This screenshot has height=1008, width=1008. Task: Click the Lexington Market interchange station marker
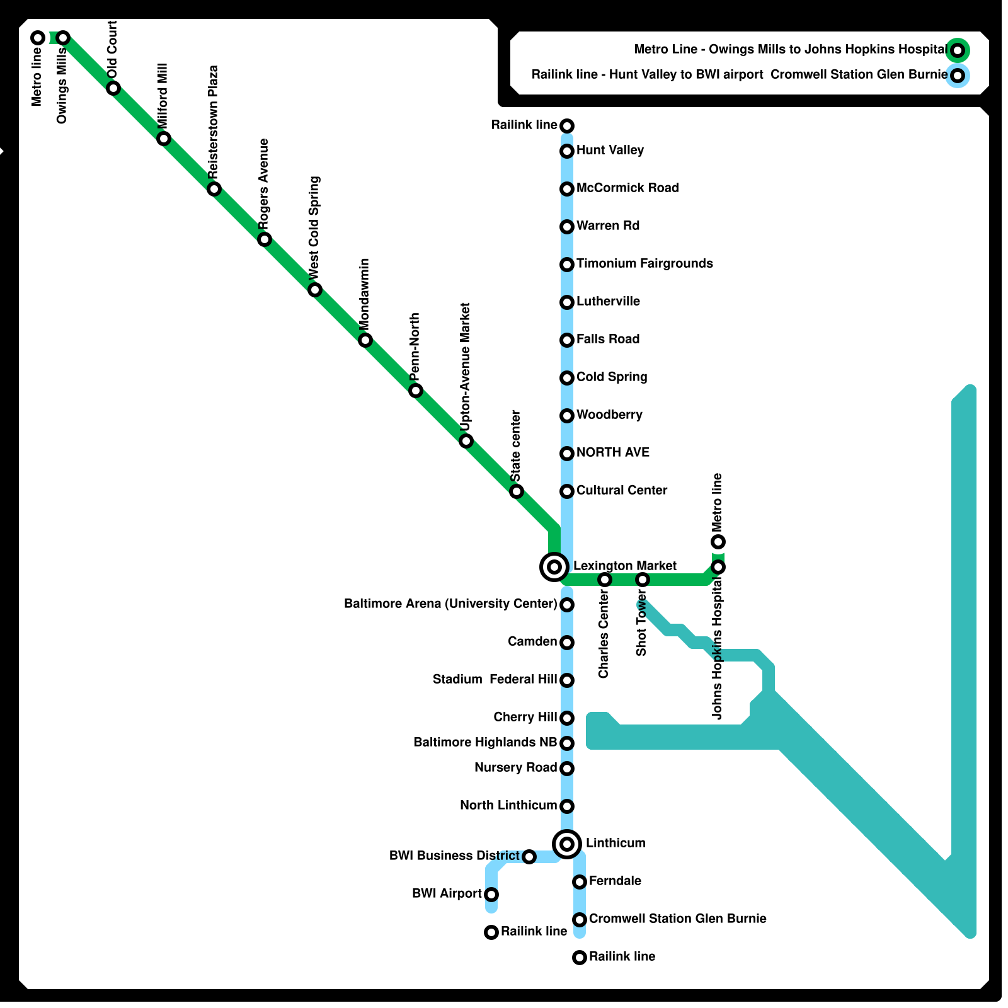(554, 567)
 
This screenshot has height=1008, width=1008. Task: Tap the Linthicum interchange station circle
(567, 844)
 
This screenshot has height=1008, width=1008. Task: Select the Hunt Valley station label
(610, 150)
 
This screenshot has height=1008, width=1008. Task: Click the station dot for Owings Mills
(63, 38)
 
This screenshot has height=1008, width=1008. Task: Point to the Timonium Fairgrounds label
(644, 263)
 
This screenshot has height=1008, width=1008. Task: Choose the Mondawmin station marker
(365, 340)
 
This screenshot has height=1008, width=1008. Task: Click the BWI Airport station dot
(491, 894)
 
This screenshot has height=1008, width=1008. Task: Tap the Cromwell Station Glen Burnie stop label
(677, 919)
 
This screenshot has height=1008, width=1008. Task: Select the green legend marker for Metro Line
(957, 50)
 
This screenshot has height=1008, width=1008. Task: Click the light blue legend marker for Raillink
(957, 76)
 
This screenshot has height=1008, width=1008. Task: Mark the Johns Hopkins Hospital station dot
(718, 567)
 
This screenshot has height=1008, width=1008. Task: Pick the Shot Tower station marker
(643, 579)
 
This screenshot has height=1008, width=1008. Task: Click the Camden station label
(532, 641)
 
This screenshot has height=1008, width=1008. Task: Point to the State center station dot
(517, 491)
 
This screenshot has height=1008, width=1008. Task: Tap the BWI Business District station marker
(529, 856)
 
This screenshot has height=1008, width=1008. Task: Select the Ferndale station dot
(580, 881)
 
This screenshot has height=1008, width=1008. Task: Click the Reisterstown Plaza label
(213, 121)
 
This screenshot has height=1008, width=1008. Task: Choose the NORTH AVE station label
(612, 452)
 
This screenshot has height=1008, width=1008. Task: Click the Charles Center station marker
(605, 579)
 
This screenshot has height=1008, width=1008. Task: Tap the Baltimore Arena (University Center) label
(450, 604)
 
